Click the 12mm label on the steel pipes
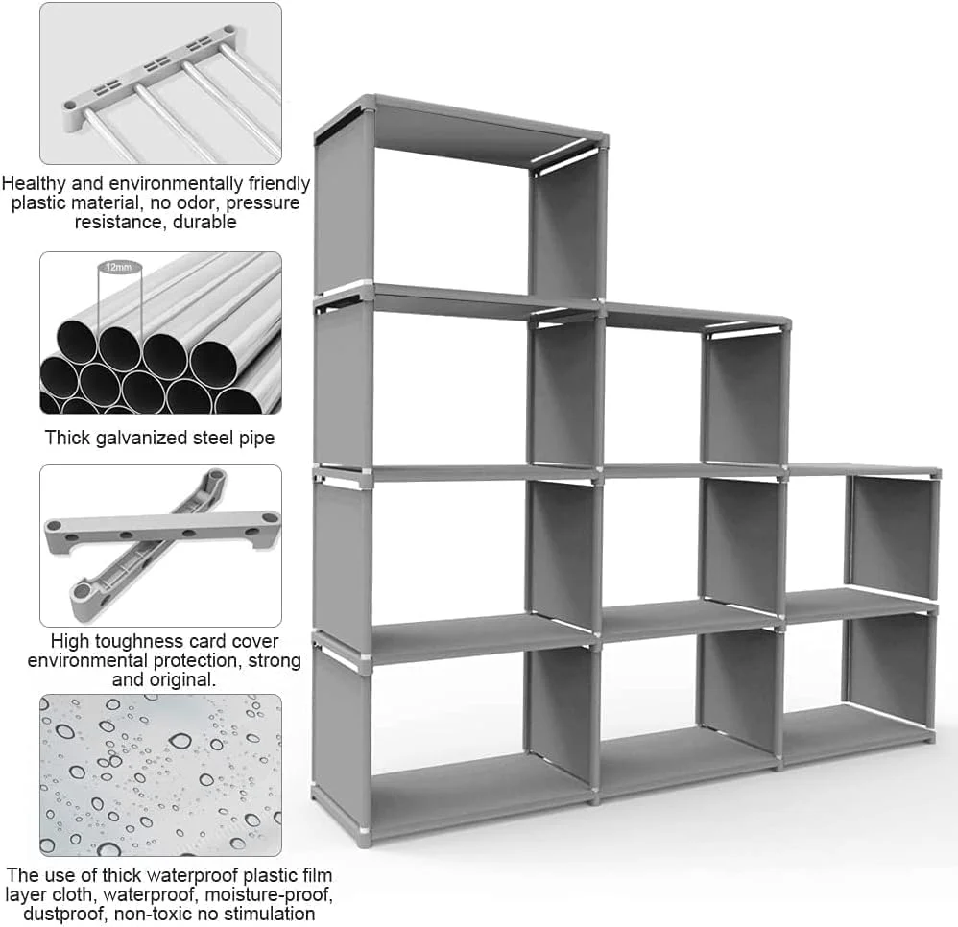tap(118, 267)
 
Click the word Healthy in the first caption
tap(35, 183)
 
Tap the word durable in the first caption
tap(204, 221)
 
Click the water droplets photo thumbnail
tap(160, 775)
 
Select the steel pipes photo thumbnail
tap(160, 333)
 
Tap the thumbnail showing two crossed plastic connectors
tap(160, 546)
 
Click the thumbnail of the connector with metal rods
tap(160, 83)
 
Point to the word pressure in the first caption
tap(263, 202)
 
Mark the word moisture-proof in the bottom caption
tap(268, 894)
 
